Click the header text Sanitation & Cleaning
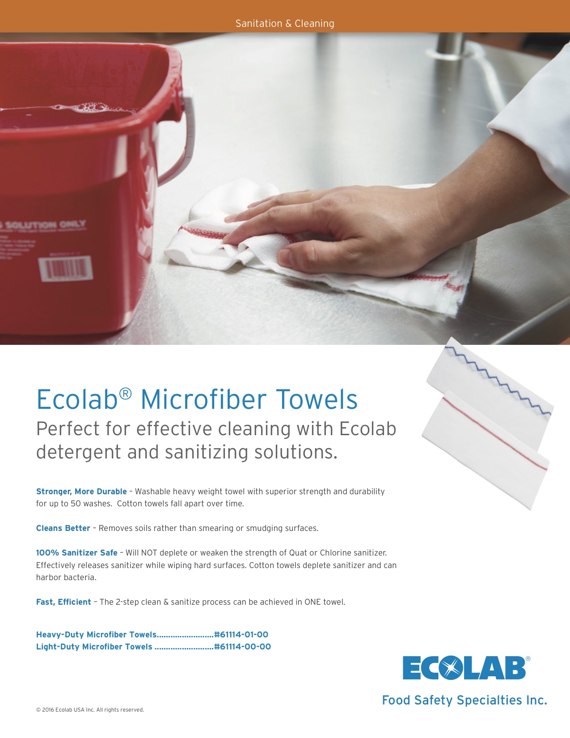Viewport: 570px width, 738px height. tap(285, 23)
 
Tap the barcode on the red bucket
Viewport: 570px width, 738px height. tap(66, 269)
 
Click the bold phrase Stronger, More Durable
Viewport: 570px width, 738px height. tap(81, 492)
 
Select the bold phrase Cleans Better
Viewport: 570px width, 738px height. tap(63, 528)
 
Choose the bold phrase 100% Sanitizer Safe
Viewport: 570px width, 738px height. tap(76, 553)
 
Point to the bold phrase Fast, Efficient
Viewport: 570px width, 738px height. tap(63, 602)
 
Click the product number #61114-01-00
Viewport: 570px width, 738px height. tap(241, 635)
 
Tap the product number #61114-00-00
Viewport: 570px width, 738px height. tap(243, 647)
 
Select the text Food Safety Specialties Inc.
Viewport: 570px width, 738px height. tap(464, 700)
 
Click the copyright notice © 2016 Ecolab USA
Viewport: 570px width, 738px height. tap(90, 710)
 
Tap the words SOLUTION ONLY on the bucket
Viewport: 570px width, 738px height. tap(45, 225)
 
